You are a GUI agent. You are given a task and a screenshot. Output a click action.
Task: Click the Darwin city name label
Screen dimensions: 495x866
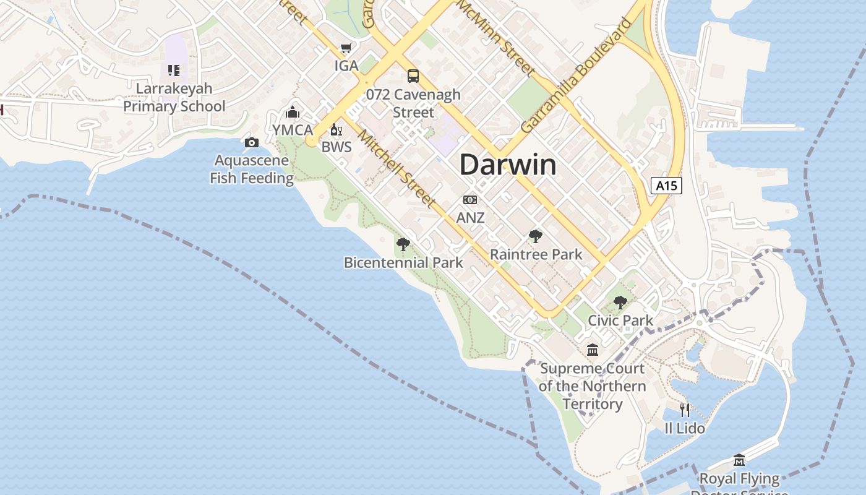click(508, 165)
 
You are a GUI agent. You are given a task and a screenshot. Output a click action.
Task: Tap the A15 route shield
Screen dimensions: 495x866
click(666, 185)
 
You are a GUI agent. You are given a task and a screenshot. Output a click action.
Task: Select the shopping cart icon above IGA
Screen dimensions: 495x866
click(346, 48)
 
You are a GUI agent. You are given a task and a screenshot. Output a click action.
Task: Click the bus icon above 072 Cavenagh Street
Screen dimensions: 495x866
click(413, 76)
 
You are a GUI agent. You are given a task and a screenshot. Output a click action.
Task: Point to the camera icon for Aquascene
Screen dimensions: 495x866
click(251, 143)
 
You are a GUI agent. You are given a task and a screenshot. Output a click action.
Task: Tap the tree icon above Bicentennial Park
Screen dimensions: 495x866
click(403, 244)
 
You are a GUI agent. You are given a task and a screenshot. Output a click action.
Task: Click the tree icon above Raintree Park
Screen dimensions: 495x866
click(536, 236)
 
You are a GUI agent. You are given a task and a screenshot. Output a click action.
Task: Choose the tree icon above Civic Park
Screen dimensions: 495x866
click(620, 302)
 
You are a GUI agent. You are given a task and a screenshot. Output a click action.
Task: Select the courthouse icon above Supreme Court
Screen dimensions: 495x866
click(593, 350)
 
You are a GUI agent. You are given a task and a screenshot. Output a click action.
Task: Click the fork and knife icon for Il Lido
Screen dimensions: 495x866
click(684, 410)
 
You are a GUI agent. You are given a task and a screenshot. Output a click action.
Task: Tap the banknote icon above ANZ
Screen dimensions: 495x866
click(470, 200)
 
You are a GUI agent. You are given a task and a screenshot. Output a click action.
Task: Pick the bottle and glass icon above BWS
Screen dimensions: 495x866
click(336, 129)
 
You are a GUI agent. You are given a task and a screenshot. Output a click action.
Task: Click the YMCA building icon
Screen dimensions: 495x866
click(293, 112)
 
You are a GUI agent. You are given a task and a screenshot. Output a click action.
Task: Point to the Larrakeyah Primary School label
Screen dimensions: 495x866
click(174, 97)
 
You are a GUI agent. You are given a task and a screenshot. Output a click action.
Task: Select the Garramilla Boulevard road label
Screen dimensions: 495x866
click(577, 75)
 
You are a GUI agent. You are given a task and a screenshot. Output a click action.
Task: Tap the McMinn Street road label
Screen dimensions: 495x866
click(495, 38)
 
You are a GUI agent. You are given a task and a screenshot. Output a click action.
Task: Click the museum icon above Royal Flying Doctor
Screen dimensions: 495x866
click(739, 460)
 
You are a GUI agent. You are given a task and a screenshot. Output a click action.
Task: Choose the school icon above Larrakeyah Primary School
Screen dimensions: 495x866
click(174, 71)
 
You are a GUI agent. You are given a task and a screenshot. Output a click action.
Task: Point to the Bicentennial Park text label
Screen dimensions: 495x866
click(403, 262)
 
